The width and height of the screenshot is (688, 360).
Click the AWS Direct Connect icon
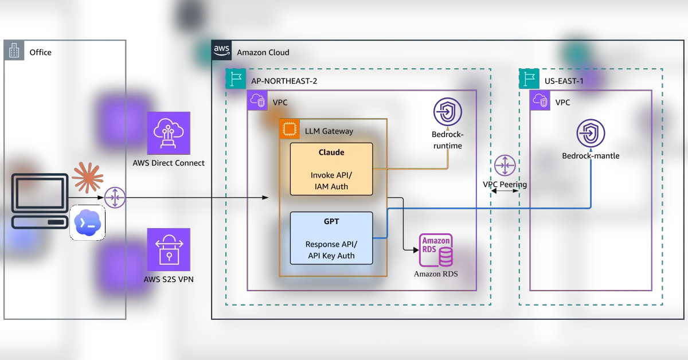pos(169,133)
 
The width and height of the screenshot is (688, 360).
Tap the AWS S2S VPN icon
pos(169,249)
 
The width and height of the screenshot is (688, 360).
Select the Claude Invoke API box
pos(331,169)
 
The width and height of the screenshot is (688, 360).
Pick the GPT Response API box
pos(331,238)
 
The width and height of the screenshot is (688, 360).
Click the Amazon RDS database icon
pos(436,250)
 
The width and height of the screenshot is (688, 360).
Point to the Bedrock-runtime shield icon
pos(448,112)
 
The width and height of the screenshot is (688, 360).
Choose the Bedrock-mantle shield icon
pos(591,134)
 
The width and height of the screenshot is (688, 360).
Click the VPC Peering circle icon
pos(505,166)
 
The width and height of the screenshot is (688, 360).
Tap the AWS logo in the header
pos(221,50)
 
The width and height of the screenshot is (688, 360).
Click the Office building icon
pos(14,50)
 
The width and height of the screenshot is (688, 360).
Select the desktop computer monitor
pos(40,194)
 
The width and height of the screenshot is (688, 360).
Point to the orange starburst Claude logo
pos(88,178)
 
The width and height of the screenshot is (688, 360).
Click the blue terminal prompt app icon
pos(88,222)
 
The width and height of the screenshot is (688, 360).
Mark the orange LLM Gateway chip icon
pos(290,129)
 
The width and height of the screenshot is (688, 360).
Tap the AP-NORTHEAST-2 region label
pos(284,81)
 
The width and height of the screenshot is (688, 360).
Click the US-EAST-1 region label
pos(564,81)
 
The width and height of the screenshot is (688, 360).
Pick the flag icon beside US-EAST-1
pos(529,79)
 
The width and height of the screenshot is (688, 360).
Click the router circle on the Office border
pos(115,198)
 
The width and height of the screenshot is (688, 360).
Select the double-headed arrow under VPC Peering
pos(505,191)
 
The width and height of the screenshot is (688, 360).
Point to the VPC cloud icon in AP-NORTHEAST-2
pos(257,100)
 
